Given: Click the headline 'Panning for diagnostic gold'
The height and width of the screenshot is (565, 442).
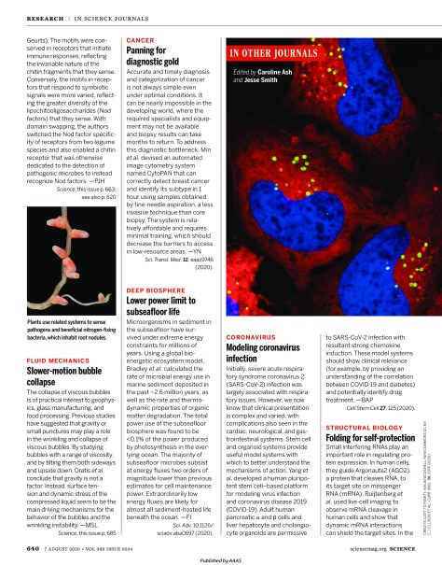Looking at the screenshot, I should coord(159,58).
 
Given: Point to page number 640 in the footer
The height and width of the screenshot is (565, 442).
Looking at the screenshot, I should coord(32,547).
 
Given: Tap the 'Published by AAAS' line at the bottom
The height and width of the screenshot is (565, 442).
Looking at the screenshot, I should coord(221,559).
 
